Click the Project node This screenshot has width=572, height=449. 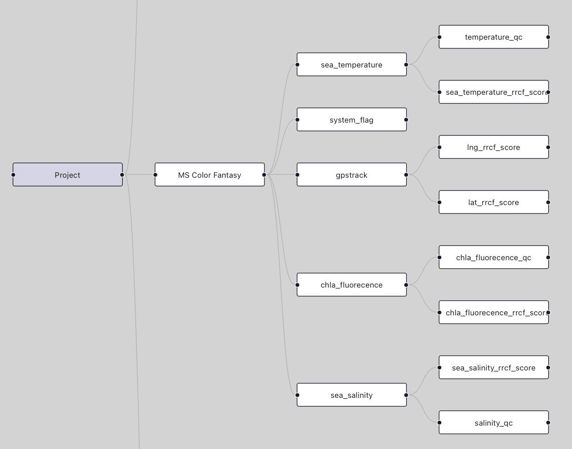[x=67, y=175]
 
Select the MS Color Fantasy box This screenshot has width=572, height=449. [x=209, y=175]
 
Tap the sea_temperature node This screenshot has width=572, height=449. [x=351, y=65]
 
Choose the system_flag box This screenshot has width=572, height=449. [x=351, y=120]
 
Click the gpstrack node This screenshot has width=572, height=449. [x=351, y=175]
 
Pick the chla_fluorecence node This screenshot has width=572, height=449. [x=351, y=285]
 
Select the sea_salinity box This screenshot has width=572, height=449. [x=351, y=395]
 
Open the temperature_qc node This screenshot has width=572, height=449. [x=494, y=37]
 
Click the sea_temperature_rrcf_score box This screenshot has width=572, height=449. [x=494, y=92]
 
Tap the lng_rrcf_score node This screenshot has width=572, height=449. [x=494, y=147]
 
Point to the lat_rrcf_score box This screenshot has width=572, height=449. [x=494, y=202]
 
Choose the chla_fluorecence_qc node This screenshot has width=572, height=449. [x=494, y=258]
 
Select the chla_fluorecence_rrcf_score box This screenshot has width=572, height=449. [x=494, y=313]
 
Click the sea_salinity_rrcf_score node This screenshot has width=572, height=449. [x=494, y=367]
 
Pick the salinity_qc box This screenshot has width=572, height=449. [x=494, y=423]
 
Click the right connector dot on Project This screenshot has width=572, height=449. [x=122, y=175]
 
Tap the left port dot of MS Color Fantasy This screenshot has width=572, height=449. [x=155, y=175]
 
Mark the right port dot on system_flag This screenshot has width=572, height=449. [x=406, y=120]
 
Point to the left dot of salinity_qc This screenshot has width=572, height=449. [x=439, y=423]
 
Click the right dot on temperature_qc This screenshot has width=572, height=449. [x=548, y=37]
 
